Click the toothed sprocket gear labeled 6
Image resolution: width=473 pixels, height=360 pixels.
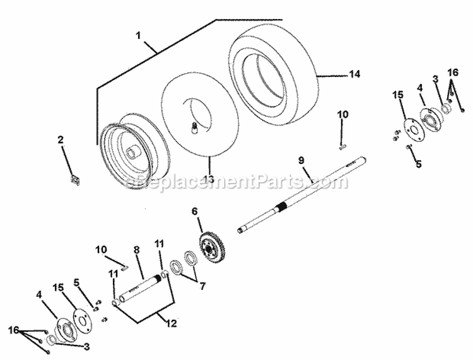click(211, 247)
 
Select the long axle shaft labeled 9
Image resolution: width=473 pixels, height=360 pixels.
click(301, 195)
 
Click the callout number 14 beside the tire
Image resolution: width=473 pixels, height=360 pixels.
click(354, 74)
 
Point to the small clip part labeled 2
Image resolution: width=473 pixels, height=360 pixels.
click(74, 180)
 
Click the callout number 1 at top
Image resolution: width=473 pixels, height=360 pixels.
click(138, 35)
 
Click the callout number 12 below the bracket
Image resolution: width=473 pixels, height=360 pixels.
click(171, 323)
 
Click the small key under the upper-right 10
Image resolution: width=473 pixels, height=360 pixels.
click(342, 147)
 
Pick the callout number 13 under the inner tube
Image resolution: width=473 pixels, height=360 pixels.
click(209, 179)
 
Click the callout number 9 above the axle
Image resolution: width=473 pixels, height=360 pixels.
click(301, 160)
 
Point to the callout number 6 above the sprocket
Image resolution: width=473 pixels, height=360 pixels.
click(194, 211)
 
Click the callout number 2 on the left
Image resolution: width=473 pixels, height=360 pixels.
click(61, 139)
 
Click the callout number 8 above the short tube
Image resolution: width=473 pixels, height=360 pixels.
click(137, 250)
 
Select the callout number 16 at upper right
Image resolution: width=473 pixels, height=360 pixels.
click(453, 73)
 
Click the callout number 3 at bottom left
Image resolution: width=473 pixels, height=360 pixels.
click(86, 346)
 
